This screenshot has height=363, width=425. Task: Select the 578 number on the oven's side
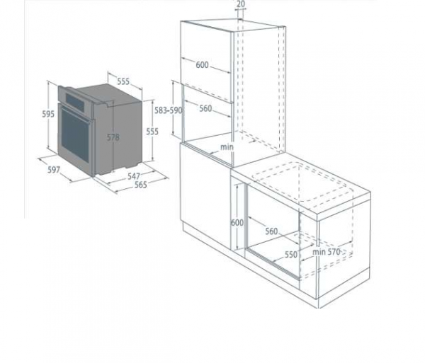(x=113, y=137)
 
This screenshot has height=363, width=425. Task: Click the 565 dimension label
(x=140, y=185)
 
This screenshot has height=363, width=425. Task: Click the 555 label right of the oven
(x=152, y=131)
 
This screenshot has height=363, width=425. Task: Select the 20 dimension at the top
(x=241, y=4)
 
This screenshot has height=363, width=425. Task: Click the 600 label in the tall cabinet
(x=202, y=65)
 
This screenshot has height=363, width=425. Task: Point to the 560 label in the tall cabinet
(x=205, y=108)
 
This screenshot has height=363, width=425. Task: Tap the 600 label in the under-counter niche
(x=237, y=222)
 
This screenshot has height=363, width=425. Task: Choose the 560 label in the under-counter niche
(x=272, y=231)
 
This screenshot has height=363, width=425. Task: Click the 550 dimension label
(x=290, y=253)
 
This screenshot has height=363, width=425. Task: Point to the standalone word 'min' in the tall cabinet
(x=226, y=146)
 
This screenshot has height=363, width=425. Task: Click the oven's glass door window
(x=74, y=134)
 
